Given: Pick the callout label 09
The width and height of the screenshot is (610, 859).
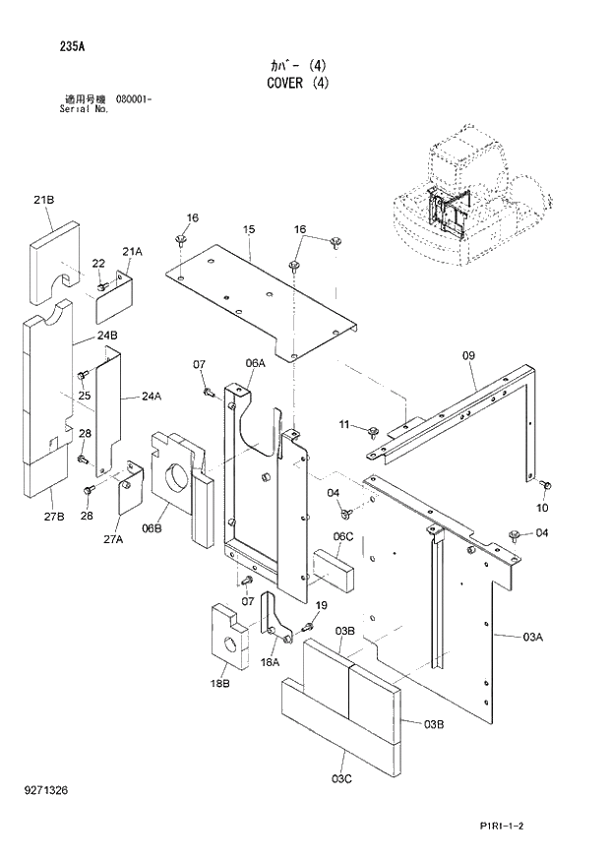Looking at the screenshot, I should (467, 355).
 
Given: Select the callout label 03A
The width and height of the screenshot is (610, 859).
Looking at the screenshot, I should (531, 639).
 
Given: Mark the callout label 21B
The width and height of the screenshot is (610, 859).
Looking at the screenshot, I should (43, 200).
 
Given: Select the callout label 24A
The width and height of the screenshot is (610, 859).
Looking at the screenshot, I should (151, 397).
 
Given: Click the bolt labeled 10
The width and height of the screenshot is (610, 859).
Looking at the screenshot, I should (547, 485).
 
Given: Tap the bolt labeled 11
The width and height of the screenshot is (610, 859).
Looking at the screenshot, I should (374, 431).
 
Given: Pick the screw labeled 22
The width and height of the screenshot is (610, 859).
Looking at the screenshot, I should (103, 285).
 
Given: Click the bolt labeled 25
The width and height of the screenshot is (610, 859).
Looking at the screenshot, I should (83, 375).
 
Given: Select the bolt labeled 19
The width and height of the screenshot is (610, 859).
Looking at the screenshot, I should (307, 626).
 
